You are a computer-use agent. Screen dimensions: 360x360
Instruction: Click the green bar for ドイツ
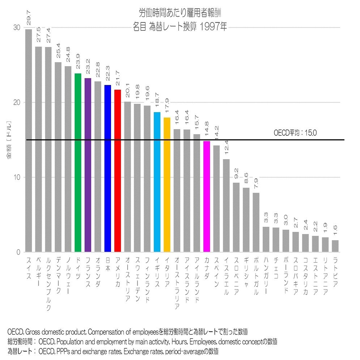tap(78, 163)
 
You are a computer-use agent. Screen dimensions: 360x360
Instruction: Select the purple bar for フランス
tap(88, 165)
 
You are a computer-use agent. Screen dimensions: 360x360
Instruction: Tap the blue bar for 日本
tap(107, 169)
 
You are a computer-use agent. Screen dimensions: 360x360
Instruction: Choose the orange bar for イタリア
tap(167, 185)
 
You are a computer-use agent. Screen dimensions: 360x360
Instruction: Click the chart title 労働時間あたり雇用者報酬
tap(180, 13)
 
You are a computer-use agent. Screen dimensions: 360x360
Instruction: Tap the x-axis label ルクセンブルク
tap(48, 284)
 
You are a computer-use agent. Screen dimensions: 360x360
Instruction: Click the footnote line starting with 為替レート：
tap(112, 351)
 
